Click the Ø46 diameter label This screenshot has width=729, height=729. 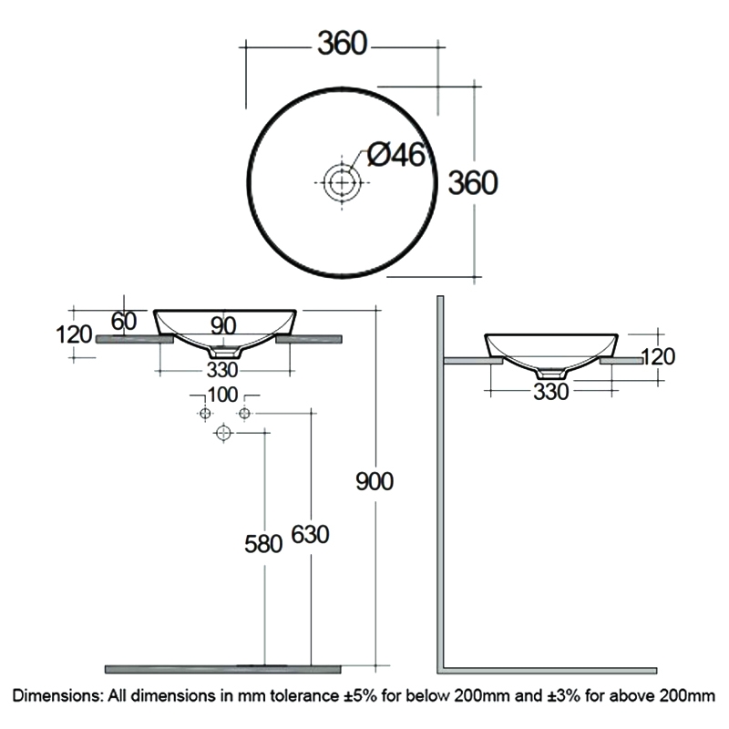(x=396, y=156)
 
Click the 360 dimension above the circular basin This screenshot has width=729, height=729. (x=342, y=43)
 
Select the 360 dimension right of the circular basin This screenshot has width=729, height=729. (x=472, y=183)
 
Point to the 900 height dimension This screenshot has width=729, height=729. (x=375, y=480)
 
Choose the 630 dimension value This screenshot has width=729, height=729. (x=310, y=535)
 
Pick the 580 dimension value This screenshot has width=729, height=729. (x=263, y=544)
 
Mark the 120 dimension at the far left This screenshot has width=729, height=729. (x=74, y=334)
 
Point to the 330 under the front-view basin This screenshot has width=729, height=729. (x=222, y=369)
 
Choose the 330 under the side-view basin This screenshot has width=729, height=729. (x=550, y=391)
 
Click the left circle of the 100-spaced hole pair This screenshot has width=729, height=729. (x=205, y=415)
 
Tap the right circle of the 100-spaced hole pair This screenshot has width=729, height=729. (x=243, y=415)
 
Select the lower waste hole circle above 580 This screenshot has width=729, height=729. (x=222, y=435)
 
